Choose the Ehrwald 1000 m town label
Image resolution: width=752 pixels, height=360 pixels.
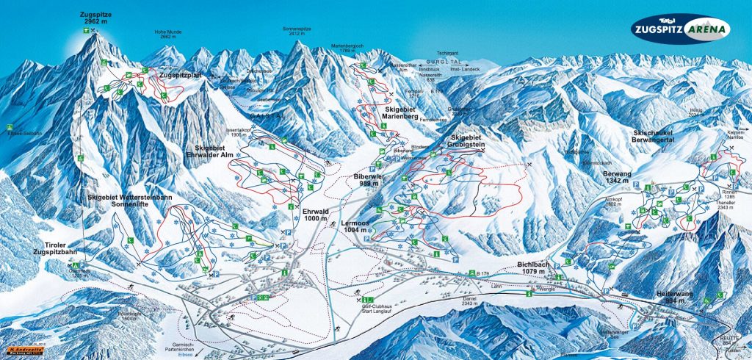click(316, 214)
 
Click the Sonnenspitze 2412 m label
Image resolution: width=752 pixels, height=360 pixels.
click(298, 30)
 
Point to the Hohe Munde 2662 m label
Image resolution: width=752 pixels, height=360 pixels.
click(167, 35)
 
